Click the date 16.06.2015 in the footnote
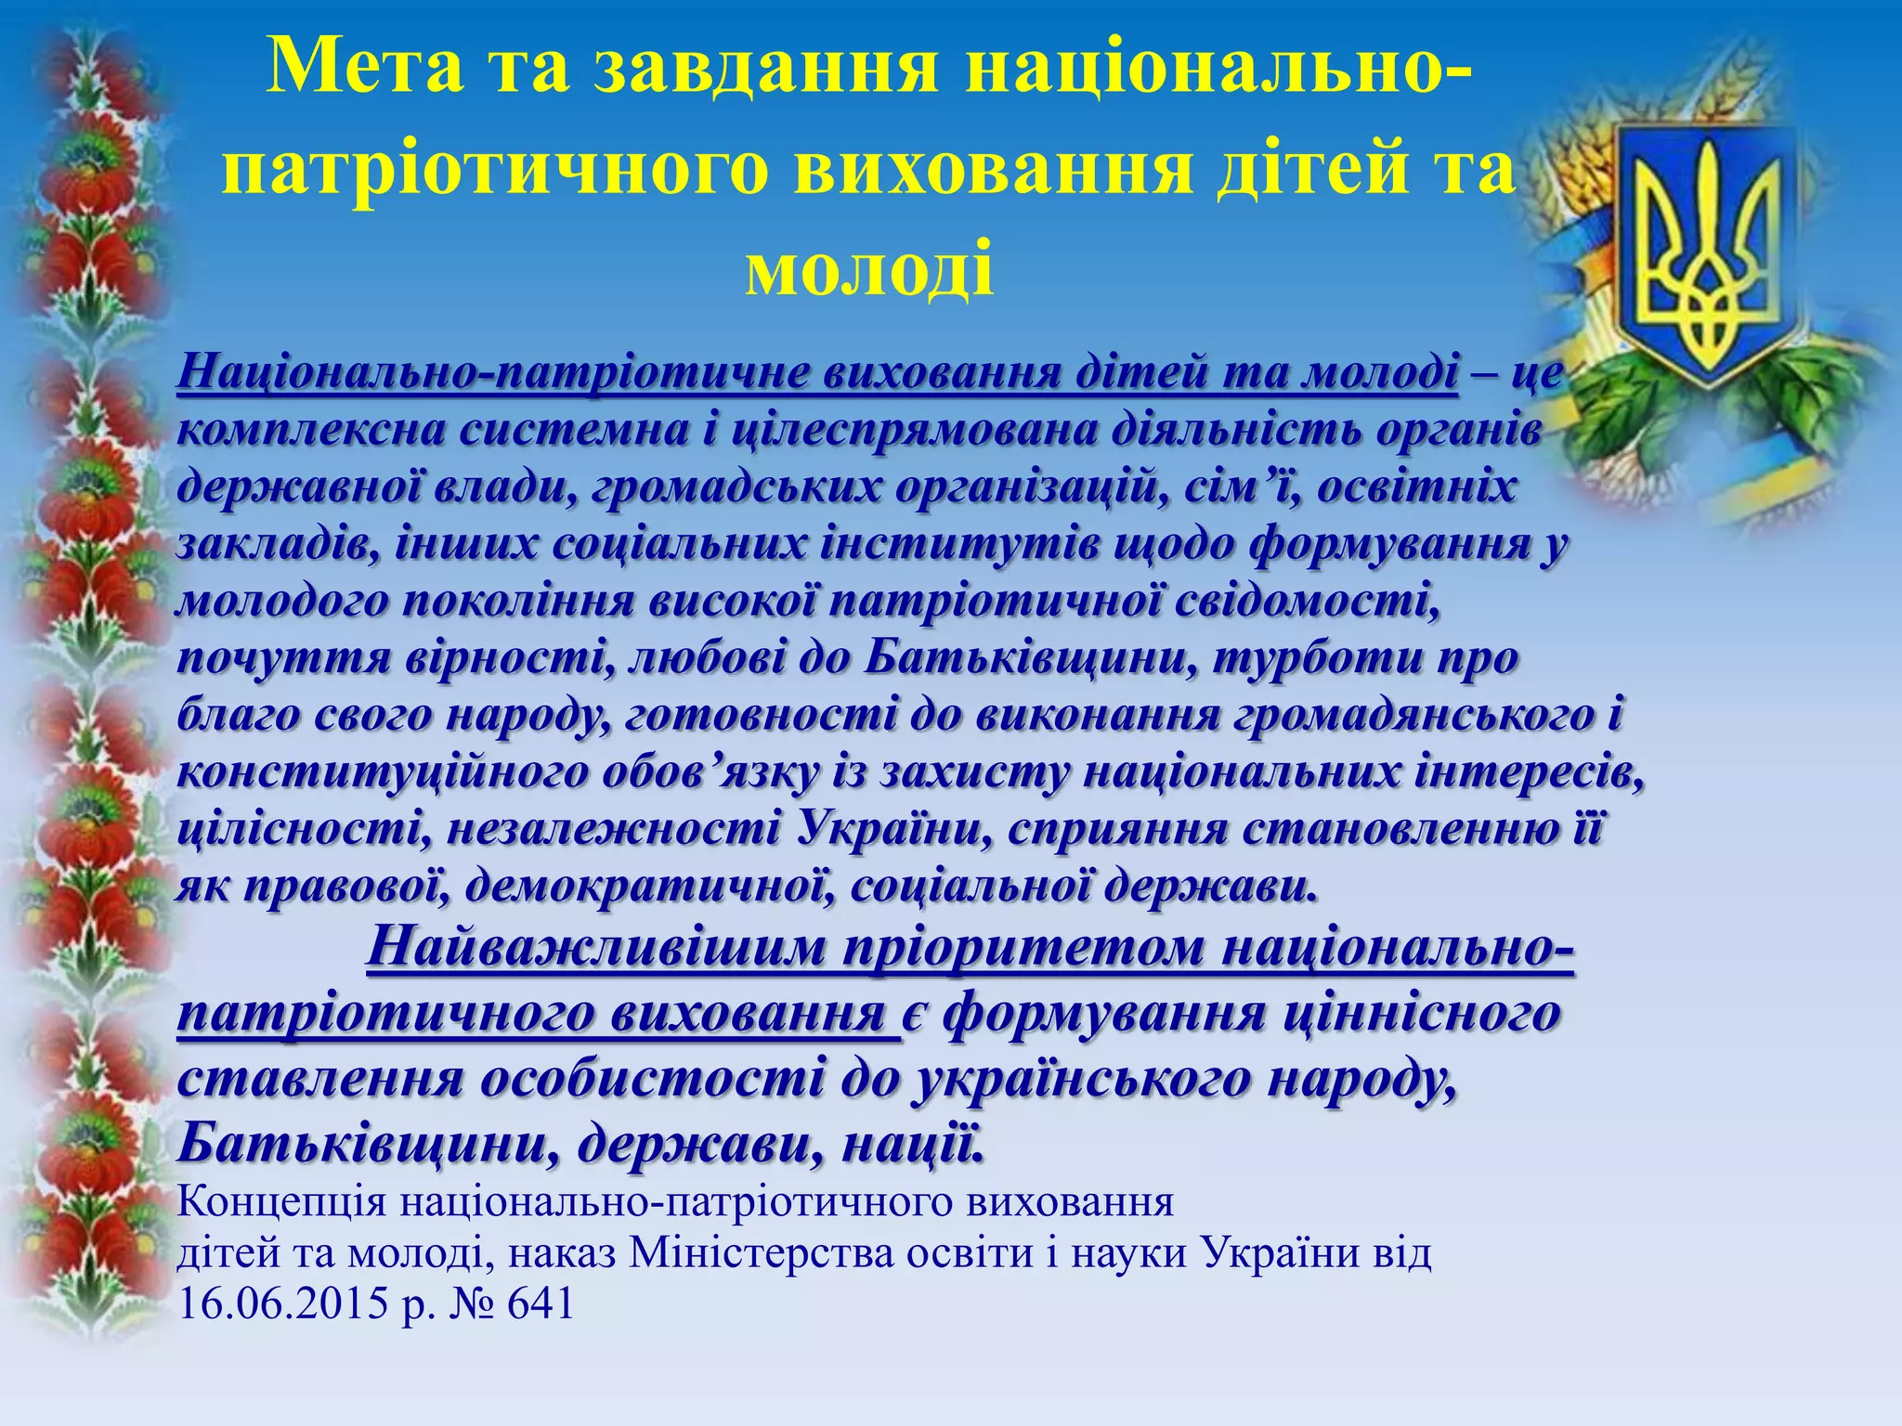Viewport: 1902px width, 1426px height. click(283, 1304)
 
